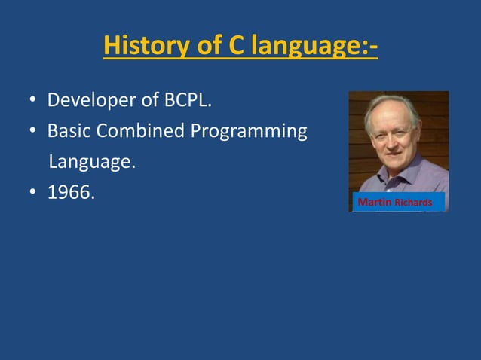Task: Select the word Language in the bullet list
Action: point(92,163)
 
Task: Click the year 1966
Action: point(70,193)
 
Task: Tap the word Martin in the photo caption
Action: point(374,203)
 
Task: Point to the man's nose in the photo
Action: point(393,140)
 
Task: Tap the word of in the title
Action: point(207,45)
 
